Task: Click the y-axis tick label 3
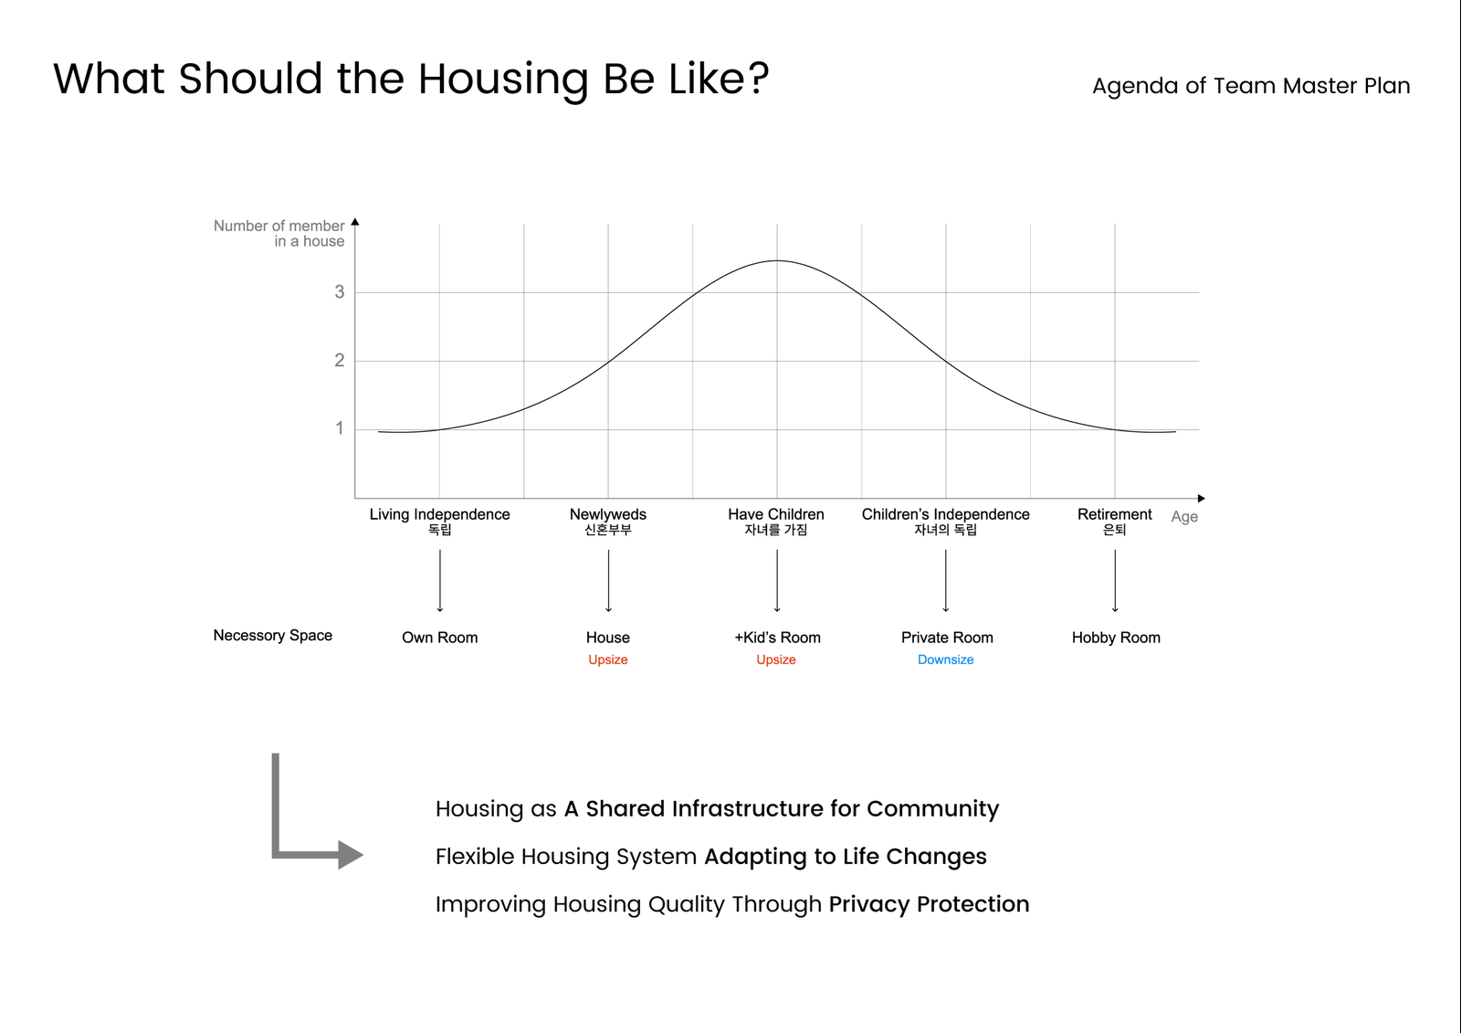pos(339,291)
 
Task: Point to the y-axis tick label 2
pos(339,360)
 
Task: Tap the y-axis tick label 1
pos(339,428)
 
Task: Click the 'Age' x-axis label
pos(1184,517)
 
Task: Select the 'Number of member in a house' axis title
pos(279,233)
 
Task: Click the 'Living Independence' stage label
pos(439,514)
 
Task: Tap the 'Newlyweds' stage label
pos(608,514)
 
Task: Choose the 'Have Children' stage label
pos(776,514)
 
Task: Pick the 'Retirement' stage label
pos(1115,514)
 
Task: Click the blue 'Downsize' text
pos(946,659)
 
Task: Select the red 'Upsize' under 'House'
pos(608,659)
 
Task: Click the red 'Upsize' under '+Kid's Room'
pos(776,659)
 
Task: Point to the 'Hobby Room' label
pos(1116,638)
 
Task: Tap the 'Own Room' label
pos(439,638)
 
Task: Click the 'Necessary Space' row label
pos(273,636)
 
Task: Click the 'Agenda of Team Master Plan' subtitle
pos(1251,86)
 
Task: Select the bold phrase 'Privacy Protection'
pos(929,904)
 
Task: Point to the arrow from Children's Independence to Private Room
pos(946,581)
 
